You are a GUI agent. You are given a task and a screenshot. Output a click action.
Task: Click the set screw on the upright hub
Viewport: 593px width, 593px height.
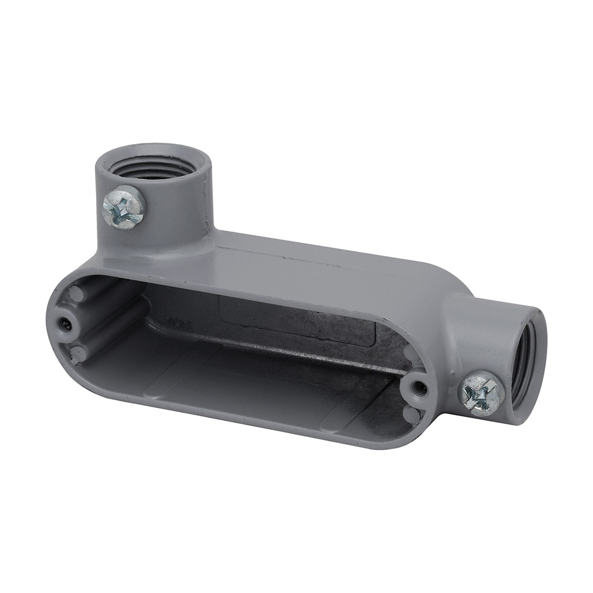point(124,207)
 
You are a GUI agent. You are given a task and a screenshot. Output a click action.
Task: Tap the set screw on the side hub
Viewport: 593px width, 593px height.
point(481,393)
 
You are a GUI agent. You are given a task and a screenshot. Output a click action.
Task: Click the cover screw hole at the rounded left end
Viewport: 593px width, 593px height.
point(64,324)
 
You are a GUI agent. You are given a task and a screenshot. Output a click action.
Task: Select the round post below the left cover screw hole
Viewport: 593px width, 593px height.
point(76,354)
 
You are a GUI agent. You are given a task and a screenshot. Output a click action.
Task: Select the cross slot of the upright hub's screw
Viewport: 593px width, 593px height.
point(124,207)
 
